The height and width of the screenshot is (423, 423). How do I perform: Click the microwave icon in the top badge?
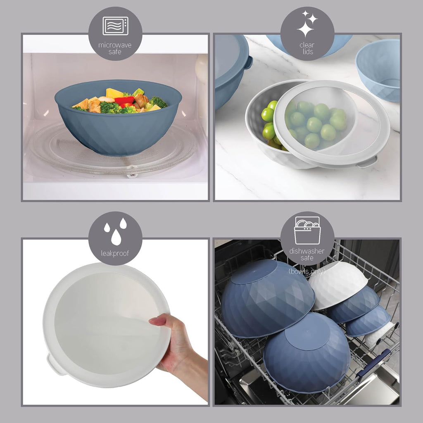tap(115, 26)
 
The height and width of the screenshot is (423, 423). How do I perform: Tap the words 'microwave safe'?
tap(115, 48)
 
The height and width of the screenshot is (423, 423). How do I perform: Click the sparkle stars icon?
tap(307, 23)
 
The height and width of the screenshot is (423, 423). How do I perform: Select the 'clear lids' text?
tap(307, 48)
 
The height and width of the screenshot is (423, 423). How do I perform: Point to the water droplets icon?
tap(116, 231)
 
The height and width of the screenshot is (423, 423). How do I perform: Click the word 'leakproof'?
tap(115, 254)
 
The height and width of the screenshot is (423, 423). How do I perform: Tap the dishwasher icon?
tap(307, 231)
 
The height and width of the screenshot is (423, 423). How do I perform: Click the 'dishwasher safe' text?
tap(307, 254)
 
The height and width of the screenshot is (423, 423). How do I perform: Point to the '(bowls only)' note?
tap(307, 271)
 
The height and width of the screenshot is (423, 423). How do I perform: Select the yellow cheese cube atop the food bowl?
tap(114, 93)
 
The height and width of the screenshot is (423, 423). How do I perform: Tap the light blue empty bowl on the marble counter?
tap(378, 69)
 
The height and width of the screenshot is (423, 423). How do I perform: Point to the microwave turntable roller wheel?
tap(132, 175)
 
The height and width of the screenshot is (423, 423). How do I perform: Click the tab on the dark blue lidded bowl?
tap(248, 62)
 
